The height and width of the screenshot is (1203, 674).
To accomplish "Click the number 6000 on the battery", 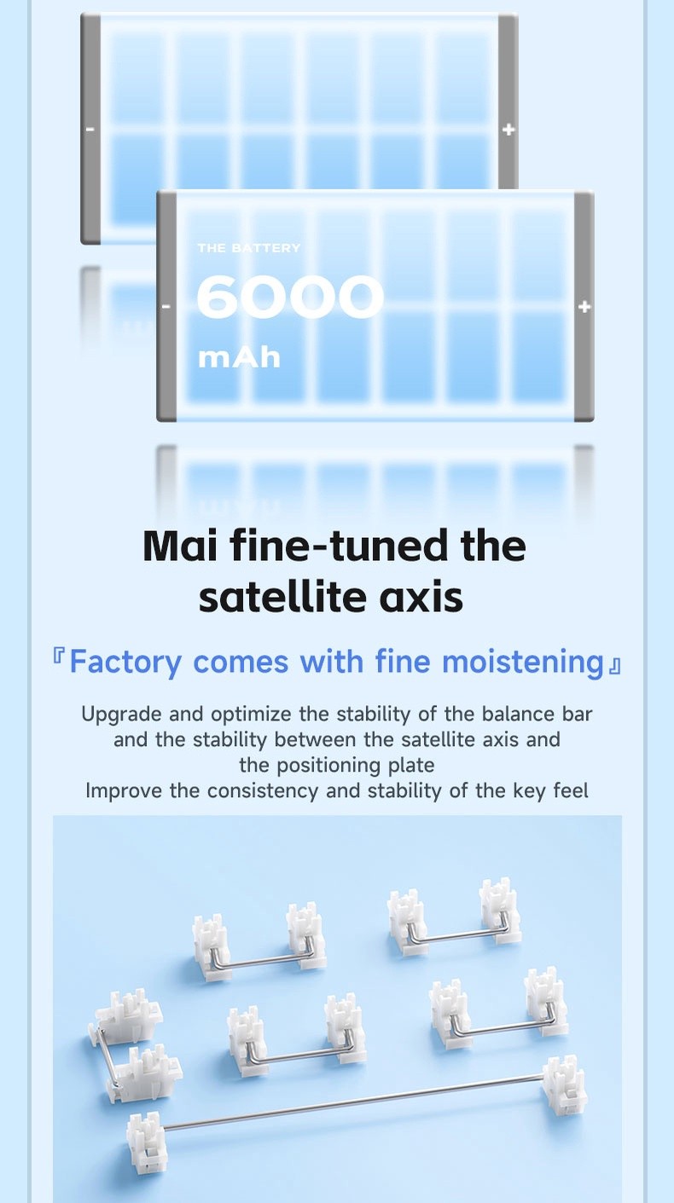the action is (x=290, y=297).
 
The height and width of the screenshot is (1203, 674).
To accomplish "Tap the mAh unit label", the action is (x=239, y=358).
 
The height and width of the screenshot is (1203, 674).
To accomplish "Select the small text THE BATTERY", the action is (x=249, y=248).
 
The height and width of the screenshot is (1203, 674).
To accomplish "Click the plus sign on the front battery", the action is (x=584, y=307).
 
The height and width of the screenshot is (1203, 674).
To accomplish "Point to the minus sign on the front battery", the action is (x=166, y=307).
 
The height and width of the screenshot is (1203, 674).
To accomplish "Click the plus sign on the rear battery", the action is (x=508, y=129).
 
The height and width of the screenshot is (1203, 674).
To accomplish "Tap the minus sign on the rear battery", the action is (x=90, y=130).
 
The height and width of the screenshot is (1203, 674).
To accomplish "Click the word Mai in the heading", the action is (x=181, y=546).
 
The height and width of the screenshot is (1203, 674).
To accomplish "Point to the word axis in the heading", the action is (x=421, y=598).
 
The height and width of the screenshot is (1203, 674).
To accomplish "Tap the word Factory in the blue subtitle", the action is (x=125, y=662).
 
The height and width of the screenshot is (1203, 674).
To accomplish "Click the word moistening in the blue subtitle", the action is (x=523, y=662).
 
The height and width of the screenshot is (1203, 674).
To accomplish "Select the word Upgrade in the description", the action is (x=121, y=714).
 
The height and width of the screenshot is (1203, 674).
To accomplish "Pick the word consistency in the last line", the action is (x=263, y=790).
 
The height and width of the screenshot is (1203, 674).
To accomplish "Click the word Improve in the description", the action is (x=124, y=791).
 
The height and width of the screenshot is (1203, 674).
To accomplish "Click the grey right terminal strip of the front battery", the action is (x=584, y=306).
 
